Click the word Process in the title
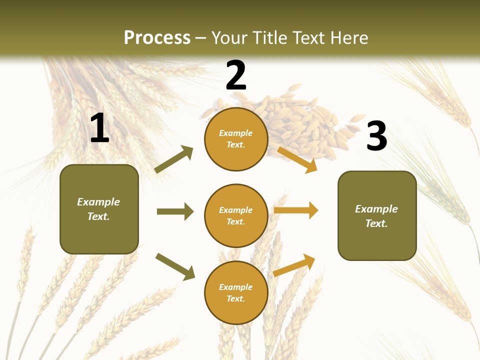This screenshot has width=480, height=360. coord(157,37)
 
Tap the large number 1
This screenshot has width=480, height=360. coord(99,128)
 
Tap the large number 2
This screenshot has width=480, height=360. coord(236,75)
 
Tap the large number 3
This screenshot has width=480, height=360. coord(376,136)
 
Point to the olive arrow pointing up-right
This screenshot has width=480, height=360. coord(174,159)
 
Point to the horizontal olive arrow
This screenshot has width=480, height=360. coord(175,211)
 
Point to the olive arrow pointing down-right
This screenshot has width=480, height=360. coord(175,266)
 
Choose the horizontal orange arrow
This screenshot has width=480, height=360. coord(296,210)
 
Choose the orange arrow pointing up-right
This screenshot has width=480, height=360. coord(294,265)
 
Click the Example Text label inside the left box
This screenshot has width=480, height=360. coord(98,209)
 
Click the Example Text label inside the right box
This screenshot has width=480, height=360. coord(376,216)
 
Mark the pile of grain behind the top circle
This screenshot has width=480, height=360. coord(300,122)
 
